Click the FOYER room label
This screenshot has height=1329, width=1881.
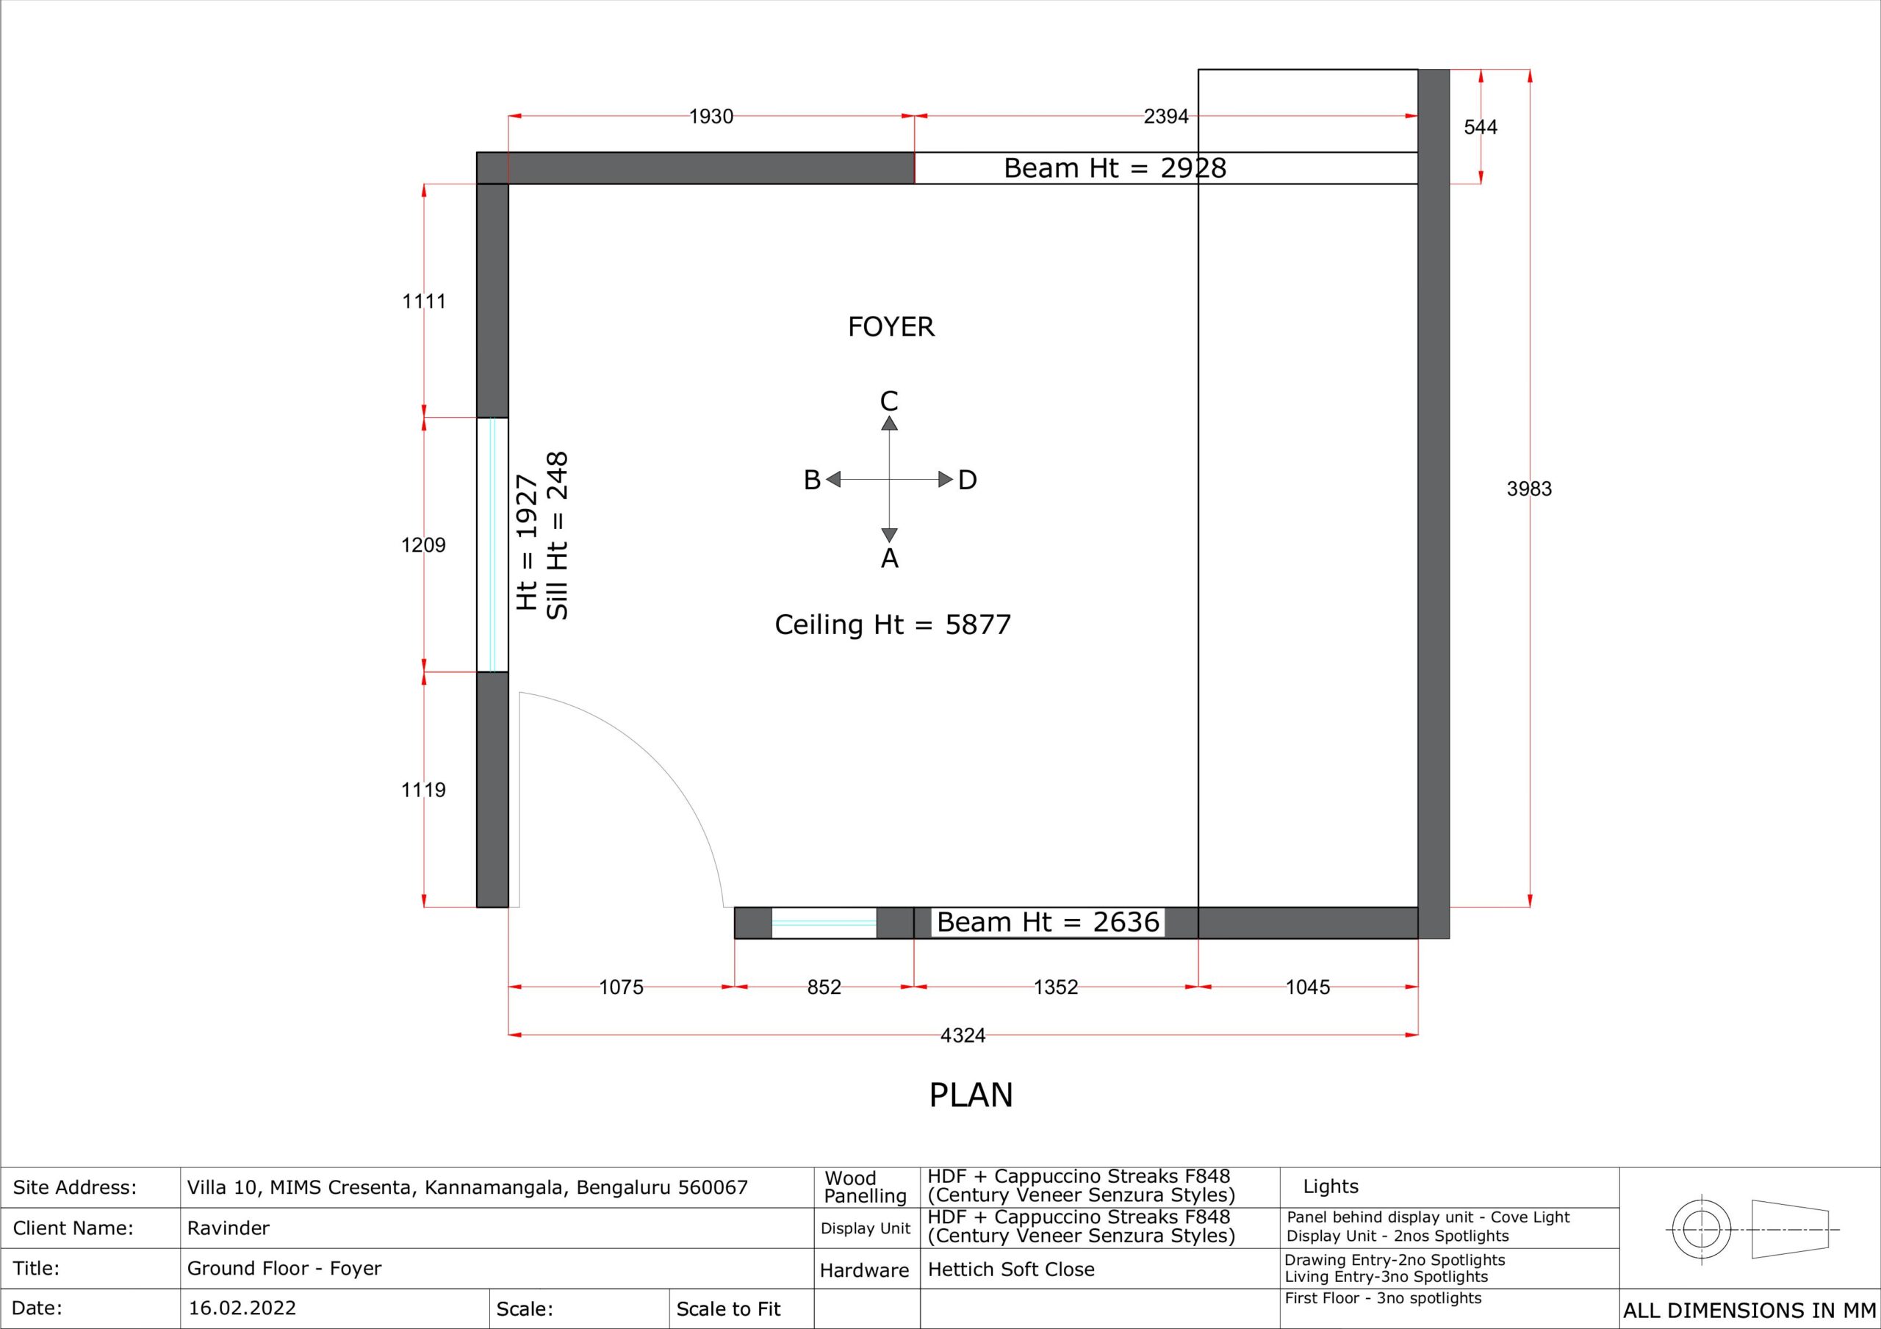click(x=891, y=327)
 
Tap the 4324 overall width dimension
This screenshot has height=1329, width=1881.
click(x=963, y=1036)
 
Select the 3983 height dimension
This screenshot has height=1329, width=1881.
click(x=1529, y=489)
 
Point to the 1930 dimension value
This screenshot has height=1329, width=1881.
click(x=711, y=117)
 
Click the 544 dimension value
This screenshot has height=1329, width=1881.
click(x=1481, y=127)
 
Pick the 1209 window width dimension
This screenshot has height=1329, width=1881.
click(x=423, y=545)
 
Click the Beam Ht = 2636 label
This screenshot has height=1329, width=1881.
click(x=1048, y=923)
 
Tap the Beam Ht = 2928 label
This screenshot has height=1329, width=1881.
click(x=1115, y=168)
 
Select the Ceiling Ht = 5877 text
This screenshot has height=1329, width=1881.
click(x=893, y=625)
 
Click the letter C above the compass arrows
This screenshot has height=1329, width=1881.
click(x=889, y=400)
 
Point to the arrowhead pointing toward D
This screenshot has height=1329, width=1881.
click(x=946, y=479)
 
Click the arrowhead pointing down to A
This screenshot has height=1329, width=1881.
click(x=889, y=536)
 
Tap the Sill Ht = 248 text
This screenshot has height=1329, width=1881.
click(x=557, y=536)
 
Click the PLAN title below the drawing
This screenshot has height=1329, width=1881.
click(x=971, y=1095)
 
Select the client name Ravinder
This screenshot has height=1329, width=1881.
click(x=229, y=1228)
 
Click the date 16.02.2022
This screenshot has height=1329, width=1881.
click(x=242, y=1308)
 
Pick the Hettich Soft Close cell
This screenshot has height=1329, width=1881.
click(x=1011, y=1269)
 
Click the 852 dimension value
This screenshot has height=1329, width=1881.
click(x=824, y=987)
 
